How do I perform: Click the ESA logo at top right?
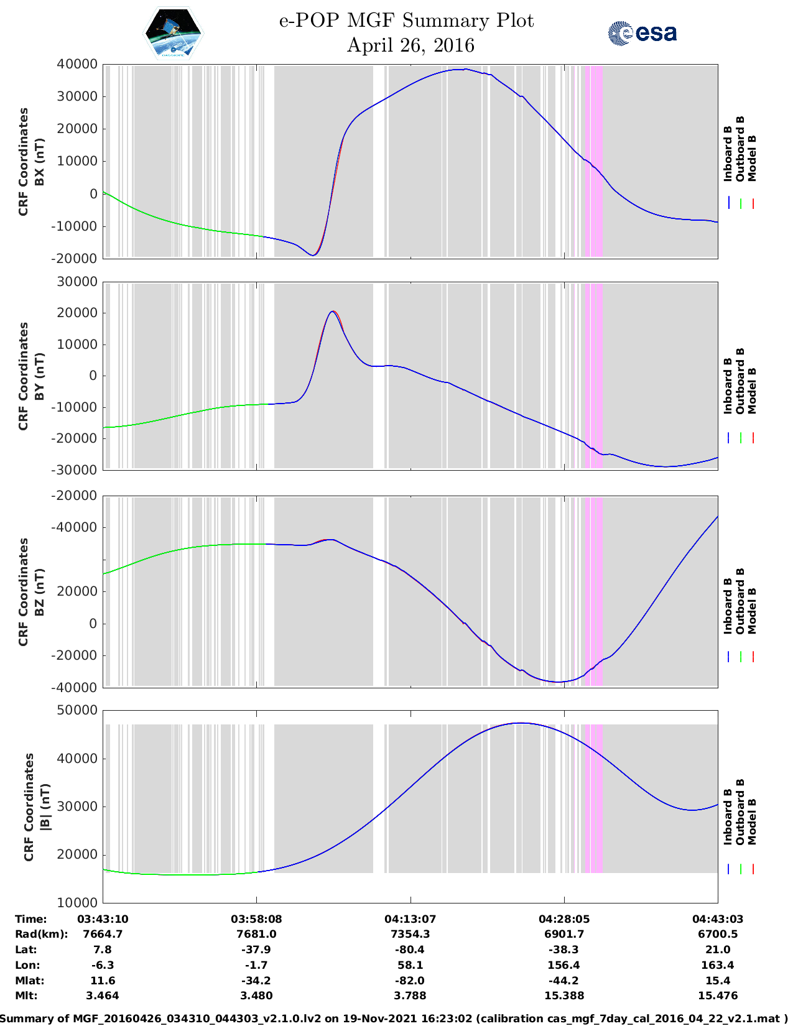[x=642, y=33]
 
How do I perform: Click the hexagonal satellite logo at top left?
[x=174, y=33]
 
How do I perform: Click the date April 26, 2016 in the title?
[x=410, y=45]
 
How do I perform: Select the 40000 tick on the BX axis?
[x=77, y=64]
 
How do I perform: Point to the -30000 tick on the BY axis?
[x=77, y=469]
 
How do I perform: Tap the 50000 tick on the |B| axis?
[x=77, y=710]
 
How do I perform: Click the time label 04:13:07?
[x=410, y=919]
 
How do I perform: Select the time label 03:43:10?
[x=103, y=919]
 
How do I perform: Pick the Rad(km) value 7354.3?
[x=410, y=934]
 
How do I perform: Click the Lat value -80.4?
[x=410, y=950]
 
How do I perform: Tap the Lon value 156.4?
[x=563, y=965]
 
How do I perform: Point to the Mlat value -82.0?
[x=410, y=981]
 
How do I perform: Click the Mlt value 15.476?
[x=718, y=996]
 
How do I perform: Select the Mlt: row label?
[x=26, y=996]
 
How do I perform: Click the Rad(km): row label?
[x=41, y=934]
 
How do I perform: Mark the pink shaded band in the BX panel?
[x=594, y=160]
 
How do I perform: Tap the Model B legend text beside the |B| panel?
[x=752, y=821]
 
